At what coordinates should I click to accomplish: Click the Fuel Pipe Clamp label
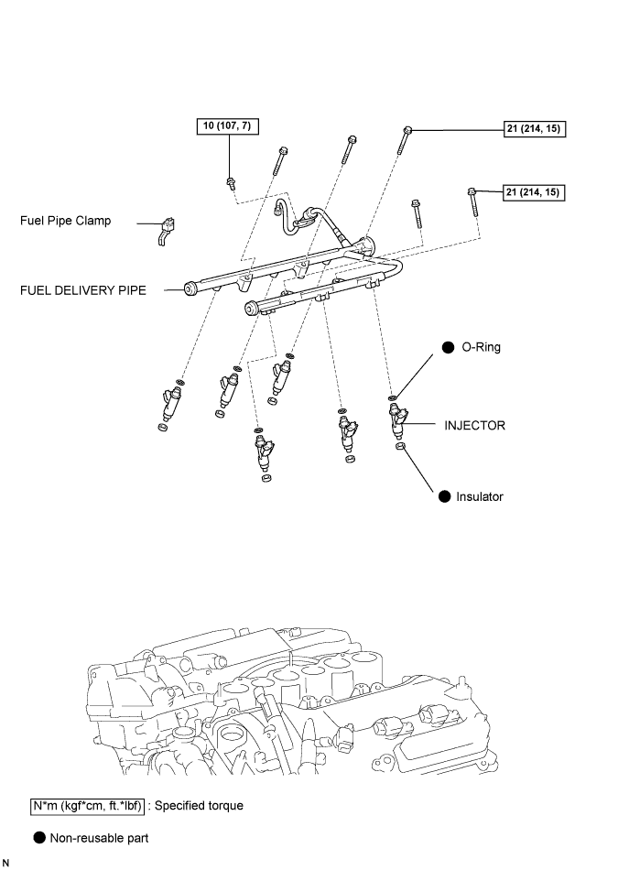(65, 221)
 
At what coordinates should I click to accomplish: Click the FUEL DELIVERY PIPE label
(83, 290)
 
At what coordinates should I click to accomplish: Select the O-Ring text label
(481, 347)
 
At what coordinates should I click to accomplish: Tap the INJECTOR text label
(475, 426)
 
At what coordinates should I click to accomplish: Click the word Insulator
(480, 496)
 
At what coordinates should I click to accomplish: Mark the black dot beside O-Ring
(449, 347)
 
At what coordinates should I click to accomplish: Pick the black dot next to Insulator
(445, 496)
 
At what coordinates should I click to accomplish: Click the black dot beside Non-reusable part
(39, 838)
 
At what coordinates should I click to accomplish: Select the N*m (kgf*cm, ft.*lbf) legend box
(87, 806)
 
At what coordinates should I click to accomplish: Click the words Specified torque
(199, 806)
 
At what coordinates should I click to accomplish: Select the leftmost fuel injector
(170, 403)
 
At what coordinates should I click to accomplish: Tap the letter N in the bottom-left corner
(5, 863)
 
